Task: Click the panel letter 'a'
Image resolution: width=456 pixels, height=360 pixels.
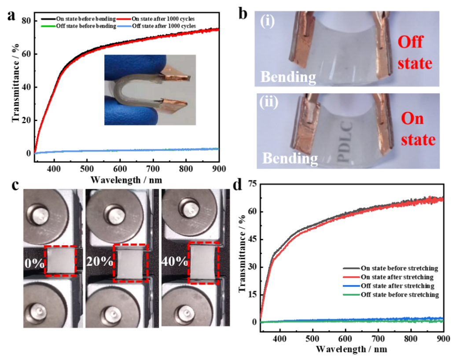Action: point(11,16)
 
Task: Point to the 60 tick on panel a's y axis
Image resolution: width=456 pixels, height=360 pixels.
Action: point(26,54)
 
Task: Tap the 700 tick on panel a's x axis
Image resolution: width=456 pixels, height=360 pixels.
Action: point(153,169)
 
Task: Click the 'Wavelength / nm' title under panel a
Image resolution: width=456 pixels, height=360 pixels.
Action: point(126,180)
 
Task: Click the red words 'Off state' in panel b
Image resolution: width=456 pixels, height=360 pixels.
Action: point(415,53)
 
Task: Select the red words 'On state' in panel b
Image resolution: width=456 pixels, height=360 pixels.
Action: point(418,129)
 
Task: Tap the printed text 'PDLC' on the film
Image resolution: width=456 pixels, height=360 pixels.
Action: point(346,141)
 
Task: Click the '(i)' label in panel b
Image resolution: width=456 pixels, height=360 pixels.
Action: point(267,21)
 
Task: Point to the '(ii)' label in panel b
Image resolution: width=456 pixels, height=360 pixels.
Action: point(268,102)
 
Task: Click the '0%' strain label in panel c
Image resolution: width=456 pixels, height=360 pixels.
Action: point(34,263)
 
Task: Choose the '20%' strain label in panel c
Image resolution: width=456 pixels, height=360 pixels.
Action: point(99,261)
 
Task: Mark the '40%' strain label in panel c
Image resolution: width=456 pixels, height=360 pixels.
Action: point(175,261)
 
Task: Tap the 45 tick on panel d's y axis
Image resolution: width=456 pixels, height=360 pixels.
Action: point(253,239)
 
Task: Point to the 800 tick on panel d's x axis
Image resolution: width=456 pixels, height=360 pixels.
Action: point(411,339)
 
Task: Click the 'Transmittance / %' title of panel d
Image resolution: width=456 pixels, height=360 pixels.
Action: point(242,253)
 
